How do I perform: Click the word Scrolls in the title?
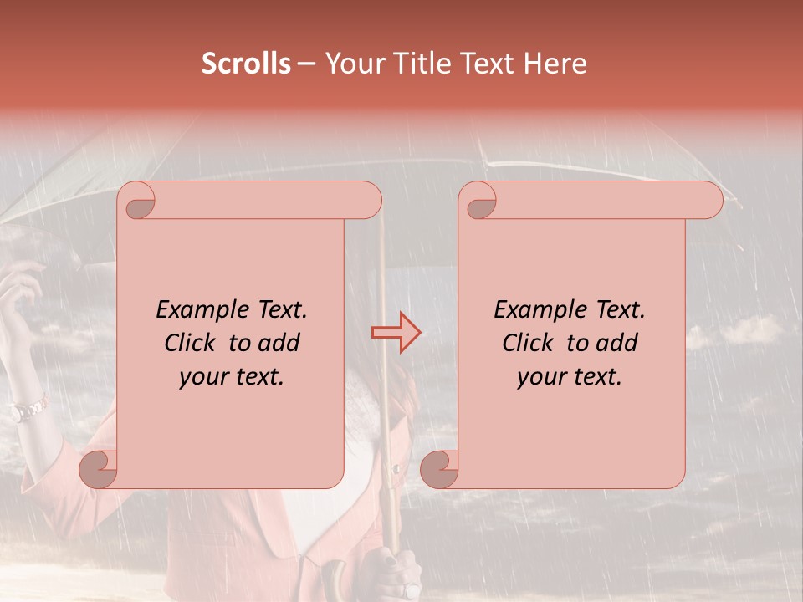246,64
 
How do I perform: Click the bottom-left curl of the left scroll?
99,470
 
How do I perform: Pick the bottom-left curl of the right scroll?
439,470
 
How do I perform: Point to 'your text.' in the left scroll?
231,376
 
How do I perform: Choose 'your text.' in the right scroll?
569,376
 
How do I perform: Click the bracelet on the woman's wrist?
28,410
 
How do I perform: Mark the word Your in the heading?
351,64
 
